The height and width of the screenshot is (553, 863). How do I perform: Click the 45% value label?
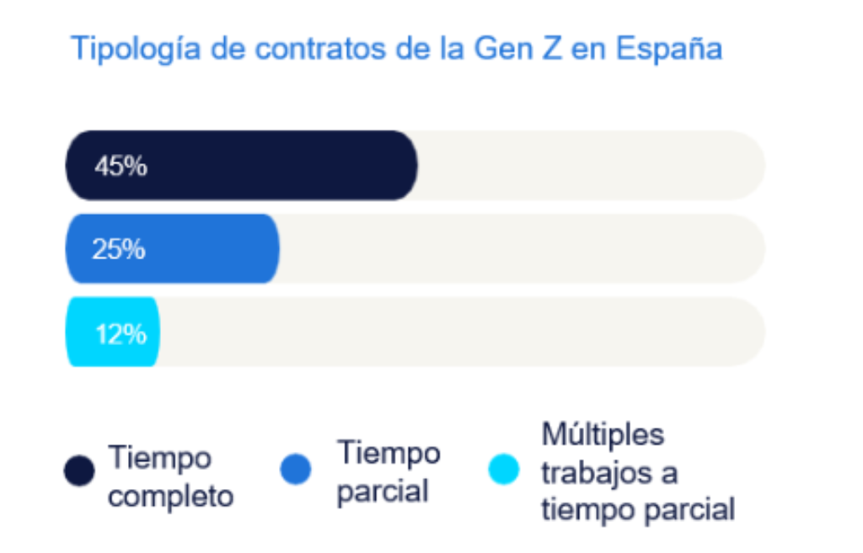coord(121,167)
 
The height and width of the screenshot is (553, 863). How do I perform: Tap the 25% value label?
coord(119,250)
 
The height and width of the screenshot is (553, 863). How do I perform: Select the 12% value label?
coord(121,334)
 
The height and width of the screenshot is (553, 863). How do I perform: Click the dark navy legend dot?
coord(79,471)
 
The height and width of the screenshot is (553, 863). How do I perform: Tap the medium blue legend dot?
coord(296,469)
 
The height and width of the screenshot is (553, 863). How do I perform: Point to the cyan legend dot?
coord(504,469)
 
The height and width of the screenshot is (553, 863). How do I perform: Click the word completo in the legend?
coord(170,497)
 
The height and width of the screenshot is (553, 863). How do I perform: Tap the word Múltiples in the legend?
coord(603,435)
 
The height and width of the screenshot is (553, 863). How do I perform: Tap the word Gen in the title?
coord(501,49)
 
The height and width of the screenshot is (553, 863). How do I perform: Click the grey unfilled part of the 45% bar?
coord(590,165)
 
